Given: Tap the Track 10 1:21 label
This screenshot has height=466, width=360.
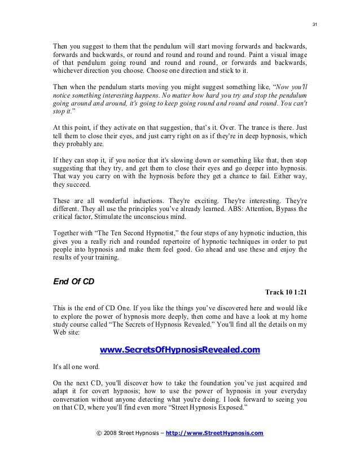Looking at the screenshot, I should pyautogui.click(x=286, y=293).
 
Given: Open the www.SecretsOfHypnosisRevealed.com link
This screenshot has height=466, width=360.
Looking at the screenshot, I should pyautogui.click(x=179, y=350).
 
